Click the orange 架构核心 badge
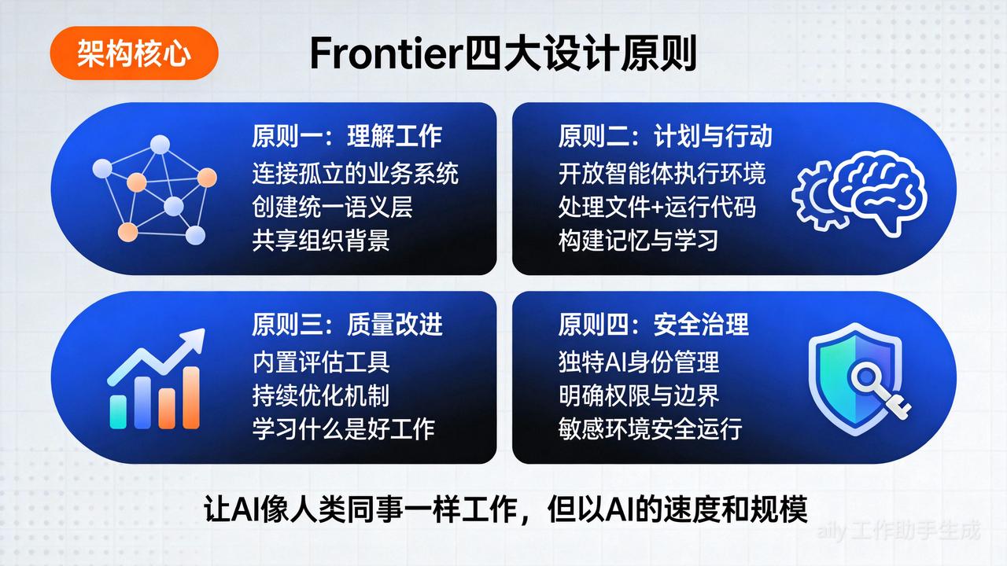click(x=133, y=53)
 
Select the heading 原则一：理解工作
click(x=346, y=137)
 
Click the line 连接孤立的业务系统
click(x=355, y=172)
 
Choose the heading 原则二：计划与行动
click(x=665, y=137)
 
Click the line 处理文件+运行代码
click(x=657, y=206)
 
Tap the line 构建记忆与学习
click(x=638, y=239)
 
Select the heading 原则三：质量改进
click(x=347, y=324)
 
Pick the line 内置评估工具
click(x=321, y=362)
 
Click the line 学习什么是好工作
click(x=344, y=428)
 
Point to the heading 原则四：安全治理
click(x=653, y=324)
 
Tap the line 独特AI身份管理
click(x=638, y=362)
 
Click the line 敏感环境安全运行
click(x=650, y=428)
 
